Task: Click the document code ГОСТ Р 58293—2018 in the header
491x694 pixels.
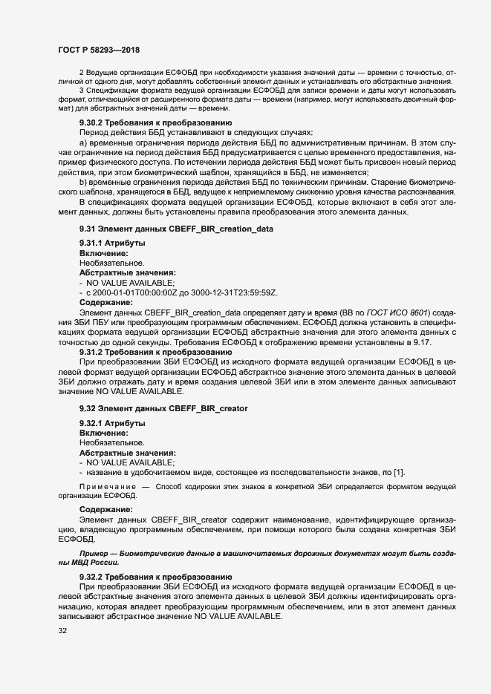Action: (x=100, y=49)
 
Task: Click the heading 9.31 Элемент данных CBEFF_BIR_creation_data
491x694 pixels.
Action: (x=176, y=229)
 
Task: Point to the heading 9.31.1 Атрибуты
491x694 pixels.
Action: (x=112, y=244)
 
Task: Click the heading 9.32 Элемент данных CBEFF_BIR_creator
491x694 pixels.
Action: (x=163, y=409)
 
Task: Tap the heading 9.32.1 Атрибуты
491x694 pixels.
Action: (x=112, y=423)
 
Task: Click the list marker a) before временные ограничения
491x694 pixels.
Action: (x=83, y=141)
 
